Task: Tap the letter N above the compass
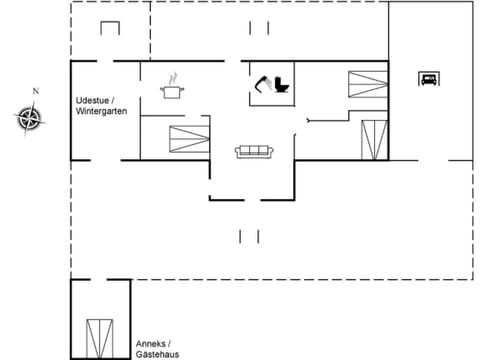[x=35, y=91]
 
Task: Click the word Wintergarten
[x=101, y=111]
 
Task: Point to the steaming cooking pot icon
[x=173, y=92]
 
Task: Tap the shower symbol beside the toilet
[x=263, y=84]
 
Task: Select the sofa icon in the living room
[x=253, y=151]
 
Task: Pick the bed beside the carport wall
[x=373, y=138]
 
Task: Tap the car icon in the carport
[x=429, y=79]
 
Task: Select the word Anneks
[x=150, y=342]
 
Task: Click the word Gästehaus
[x=157, y=354]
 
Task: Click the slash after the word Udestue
[x=113, y=100]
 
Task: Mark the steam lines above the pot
[x=173, y=76]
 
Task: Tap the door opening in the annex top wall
[x=101, y=281]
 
